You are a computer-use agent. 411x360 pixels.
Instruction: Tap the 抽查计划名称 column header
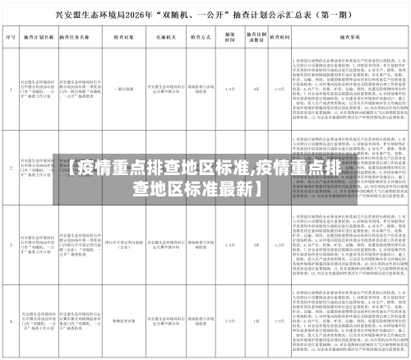pyautogui.click(x=33, y=38)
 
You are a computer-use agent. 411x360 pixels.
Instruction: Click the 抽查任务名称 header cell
pyautogui.click(x=72, y=38)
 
